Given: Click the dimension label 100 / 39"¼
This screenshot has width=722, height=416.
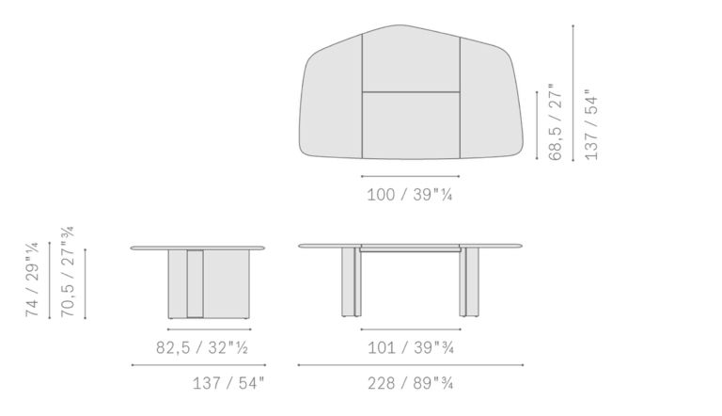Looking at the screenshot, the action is (x=409, y=195).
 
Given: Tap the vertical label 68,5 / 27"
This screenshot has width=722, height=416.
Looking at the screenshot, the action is (x=556, y=121).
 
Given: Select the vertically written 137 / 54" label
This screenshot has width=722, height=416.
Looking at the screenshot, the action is (x=590, y=124).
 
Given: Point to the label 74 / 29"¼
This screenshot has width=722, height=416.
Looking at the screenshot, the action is (x=32, y=279).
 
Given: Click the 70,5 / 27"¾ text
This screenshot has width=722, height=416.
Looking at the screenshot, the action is (x=68, y=271).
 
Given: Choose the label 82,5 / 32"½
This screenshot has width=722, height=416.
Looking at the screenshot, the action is (x=202, y=347).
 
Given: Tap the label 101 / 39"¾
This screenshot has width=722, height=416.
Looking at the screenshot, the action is (x=410, y=347).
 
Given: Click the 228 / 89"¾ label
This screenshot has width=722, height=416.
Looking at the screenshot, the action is (x=410, y=383).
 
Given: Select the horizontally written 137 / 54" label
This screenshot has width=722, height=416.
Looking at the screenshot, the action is (x=228, y=383).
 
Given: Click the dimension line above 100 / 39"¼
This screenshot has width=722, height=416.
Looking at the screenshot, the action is (x=410, y=176).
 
